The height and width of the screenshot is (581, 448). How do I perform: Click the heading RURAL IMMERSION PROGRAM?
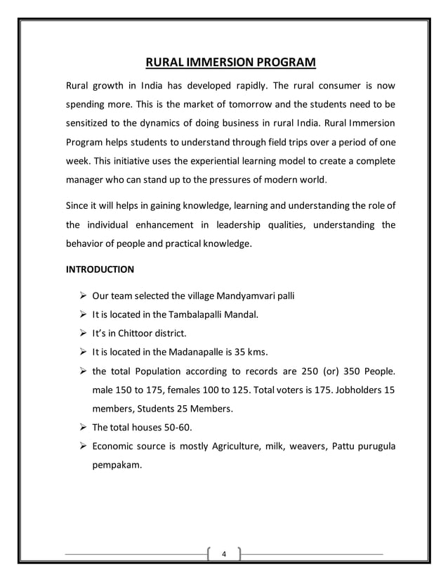231,65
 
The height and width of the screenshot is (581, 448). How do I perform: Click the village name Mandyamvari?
228,295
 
